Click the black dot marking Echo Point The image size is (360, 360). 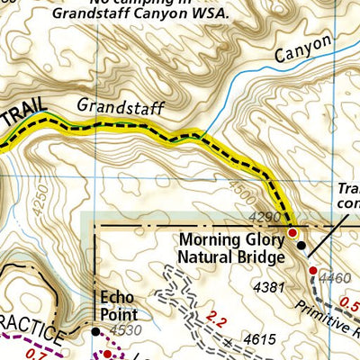pos(96,331)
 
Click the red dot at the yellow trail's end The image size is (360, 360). pos(292,233)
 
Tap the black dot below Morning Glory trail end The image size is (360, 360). pos(301,245)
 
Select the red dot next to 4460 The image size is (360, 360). pos(312,270)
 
